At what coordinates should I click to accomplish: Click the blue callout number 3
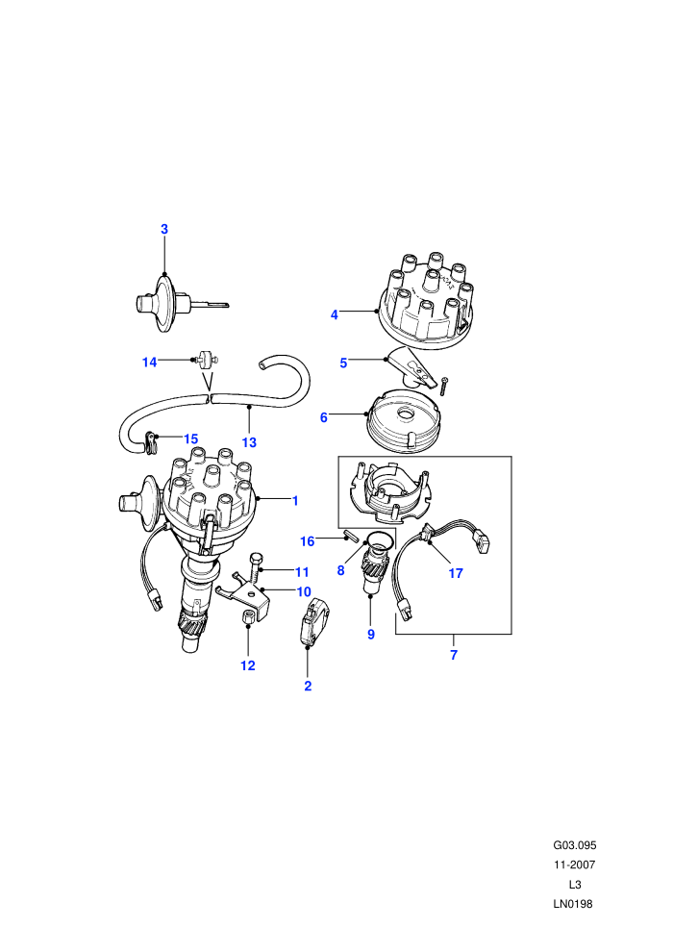click(163, 229)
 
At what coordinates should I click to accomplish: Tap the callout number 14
click(149, 362)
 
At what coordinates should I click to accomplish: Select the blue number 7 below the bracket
click(454, 655)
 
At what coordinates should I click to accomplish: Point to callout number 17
click(456, 572)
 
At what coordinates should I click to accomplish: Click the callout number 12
click(248, 665)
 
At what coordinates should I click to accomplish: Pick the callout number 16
click(308, 541)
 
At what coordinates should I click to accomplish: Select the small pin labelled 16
click(351, 538)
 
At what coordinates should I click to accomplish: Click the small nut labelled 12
click(248, 618)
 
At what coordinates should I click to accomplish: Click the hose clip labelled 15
click(151, 441)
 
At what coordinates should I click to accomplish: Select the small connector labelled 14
click(207, 360)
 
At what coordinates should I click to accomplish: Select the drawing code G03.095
click(575, 845)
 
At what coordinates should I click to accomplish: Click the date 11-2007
click(575, 864)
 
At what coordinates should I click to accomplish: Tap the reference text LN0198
click(573, 904)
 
